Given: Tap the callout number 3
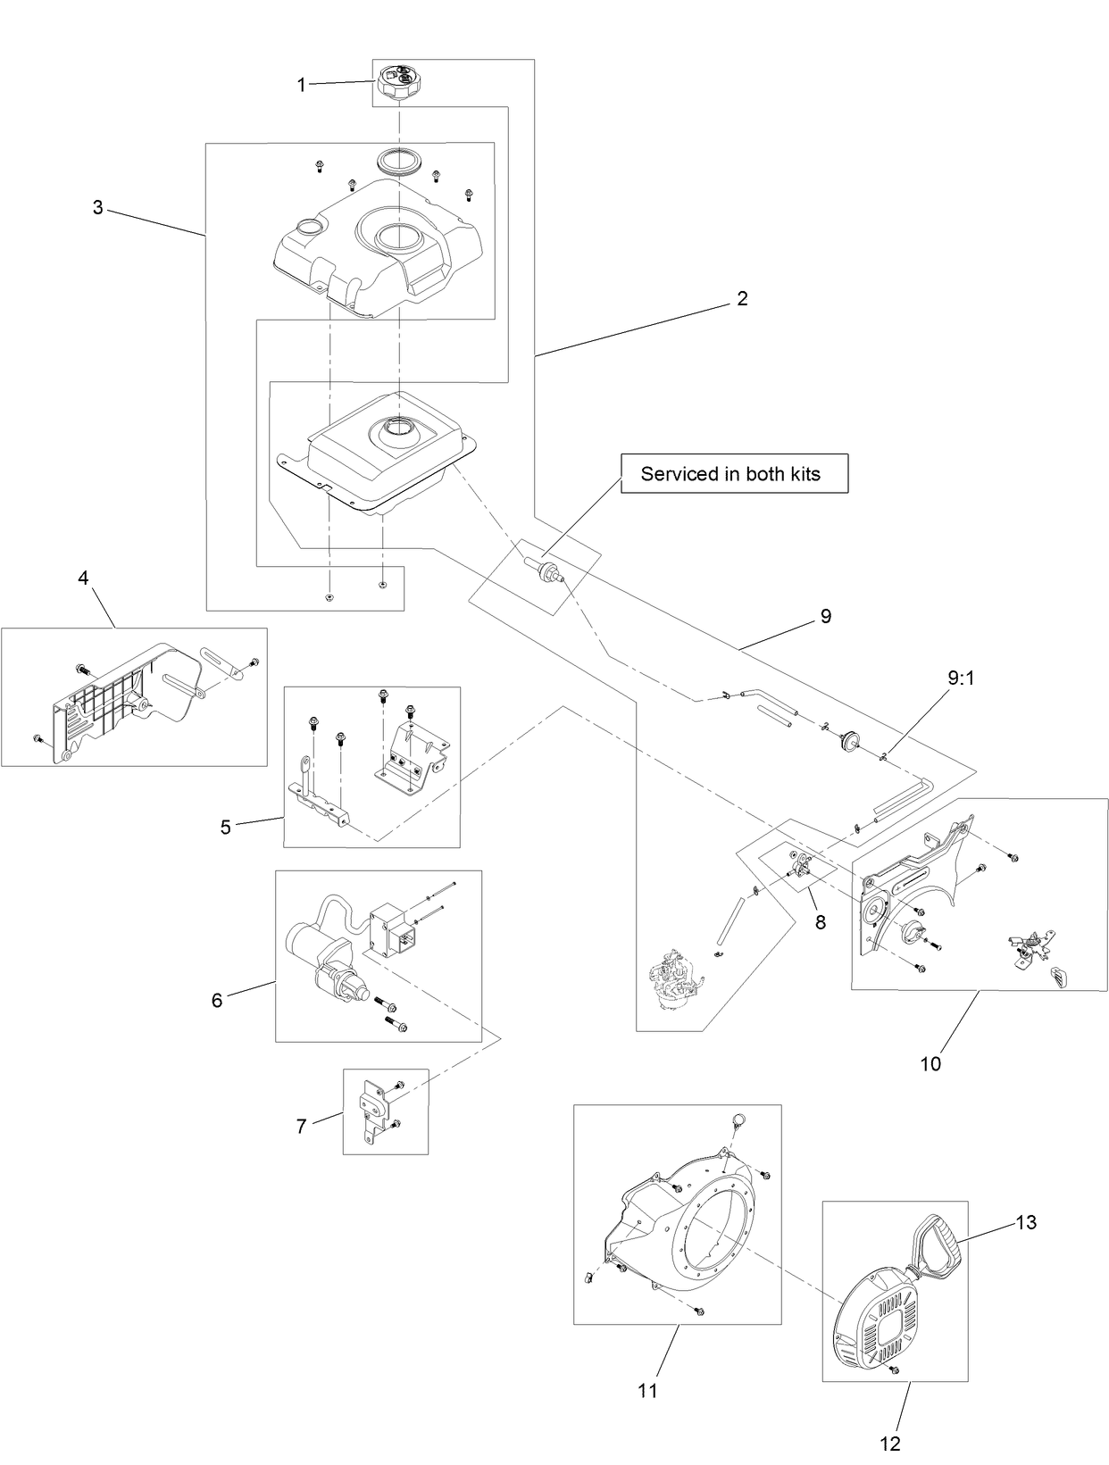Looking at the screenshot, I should tap(97, 207).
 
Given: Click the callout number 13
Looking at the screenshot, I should tap(1026, 1222).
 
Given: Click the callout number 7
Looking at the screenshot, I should tap(301, 1127).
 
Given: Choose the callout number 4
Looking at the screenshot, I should tap(83, 578).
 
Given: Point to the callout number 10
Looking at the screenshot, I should tap(930, 1063).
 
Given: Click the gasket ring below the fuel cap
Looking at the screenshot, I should tap(399, 162).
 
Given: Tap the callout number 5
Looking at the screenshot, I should tap(225, 828).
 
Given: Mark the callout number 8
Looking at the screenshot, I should tap(820, 922).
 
